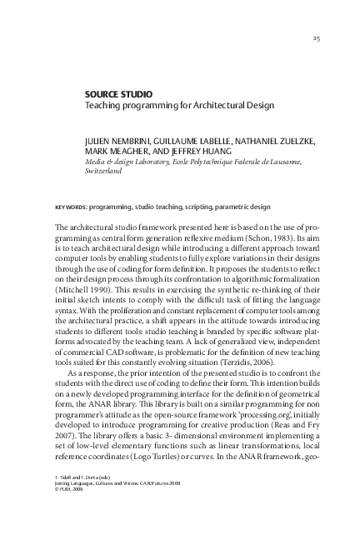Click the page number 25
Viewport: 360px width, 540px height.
[316, 38]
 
